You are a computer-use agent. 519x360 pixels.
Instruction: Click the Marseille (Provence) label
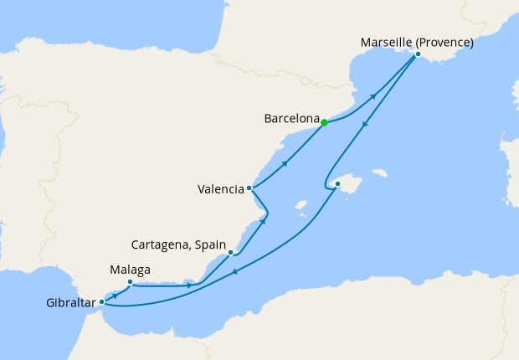pos(416,42)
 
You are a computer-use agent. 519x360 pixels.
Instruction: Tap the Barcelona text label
pos(290,119)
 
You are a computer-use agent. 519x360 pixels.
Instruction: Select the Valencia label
pos(221,189)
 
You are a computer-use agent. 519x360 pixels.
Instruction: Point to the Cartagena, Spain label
pos(179,245)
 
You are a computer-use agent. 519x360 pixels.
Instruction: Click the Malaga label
pos(130,270)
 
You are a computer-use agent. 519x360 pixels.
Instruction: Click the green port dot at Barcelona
pos(324,123)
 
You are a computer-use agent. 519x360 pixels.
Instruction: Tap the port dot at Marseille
pos(418,55)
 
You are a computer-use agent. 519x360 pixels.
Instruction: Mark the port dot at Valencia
pos(249,188)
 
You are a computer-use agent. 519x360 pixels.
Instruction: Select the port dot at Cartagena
pos(230,252)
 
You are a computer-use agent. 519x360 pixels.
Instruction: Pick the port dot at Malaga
pos(130,282)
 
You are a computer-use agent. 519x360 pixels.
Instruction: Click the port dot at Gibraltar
pos(102,301)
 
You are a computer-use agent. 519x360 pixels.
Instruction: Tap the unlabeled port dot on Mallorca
pos(337,183)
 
